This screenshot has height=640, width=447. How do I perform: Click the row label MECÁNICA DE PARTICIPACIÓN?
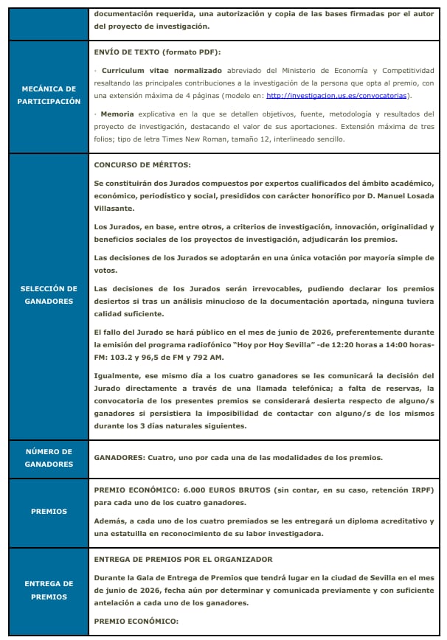pyautogui.click(x=49, y=95)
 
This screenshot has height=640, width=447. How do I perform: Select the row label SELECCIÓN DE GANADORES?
pyautogui.click(x=49, y=295)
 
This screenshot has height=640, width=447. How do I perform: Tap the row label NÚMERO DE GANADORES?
pyautogui.click(x=49, y=458)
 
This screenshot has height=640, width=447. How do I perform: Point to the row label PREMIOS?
pyautogui.click(x=49, y=511)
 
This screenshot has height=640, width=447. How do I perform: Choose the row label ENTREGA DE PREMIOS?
pyautogui.click(x=49, y=591)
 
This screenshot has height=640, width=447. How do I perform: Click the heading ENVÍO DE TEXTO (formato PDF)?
pyautogui.click(x=158, y=52)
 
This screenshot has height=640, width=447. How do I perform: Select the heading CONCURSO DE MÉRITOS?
pyautogui.click(x=143, y=164)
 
